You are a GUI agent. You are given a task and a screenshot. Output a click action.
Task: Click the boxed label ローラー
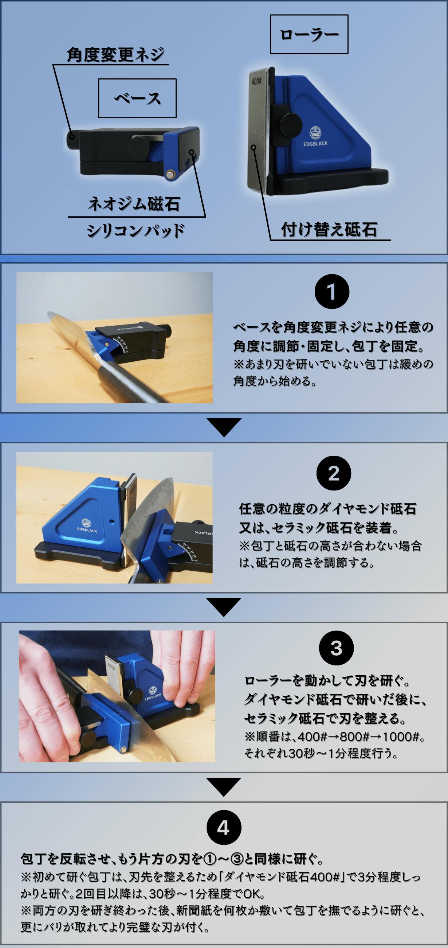309,34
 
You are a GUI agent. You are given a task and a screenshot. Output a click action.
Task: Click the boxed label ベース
137,98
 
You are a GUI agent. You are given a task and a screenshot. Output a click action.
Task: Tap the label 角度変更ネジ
115,55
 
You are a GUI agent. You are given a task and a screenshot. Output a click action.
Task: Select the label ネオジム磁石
134,203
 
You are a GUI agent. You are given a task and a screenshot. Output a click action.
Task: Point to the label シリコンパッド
135,230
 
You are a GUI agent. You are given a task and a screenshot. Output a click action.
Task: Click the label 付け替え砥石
329,229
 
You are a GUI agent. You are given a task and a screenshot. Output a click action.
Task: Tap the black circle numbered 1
332,291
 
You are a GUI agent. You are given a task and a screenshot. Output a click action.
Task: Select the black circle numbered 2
334,473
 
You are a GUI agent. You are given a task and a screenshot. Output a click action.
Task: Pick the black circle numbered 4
224,828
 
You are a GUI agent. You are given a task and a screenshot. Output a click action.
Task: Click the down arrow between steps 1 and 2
224,427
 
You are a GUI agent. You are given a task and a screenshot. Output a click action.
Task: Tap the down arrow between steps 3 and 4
224,787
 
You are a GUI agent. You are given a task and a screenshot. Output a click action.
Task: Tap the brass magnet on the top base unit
170,174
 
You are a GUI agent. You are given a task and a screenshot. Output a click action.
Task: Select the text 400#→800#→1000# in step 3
359,737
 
